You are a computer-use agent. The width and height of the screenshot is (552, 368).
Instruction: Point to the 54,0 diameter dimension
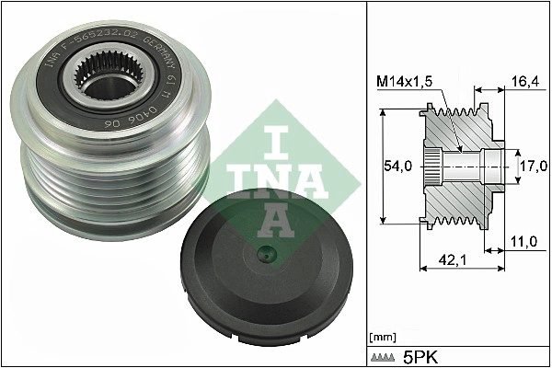click(397, 166)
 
